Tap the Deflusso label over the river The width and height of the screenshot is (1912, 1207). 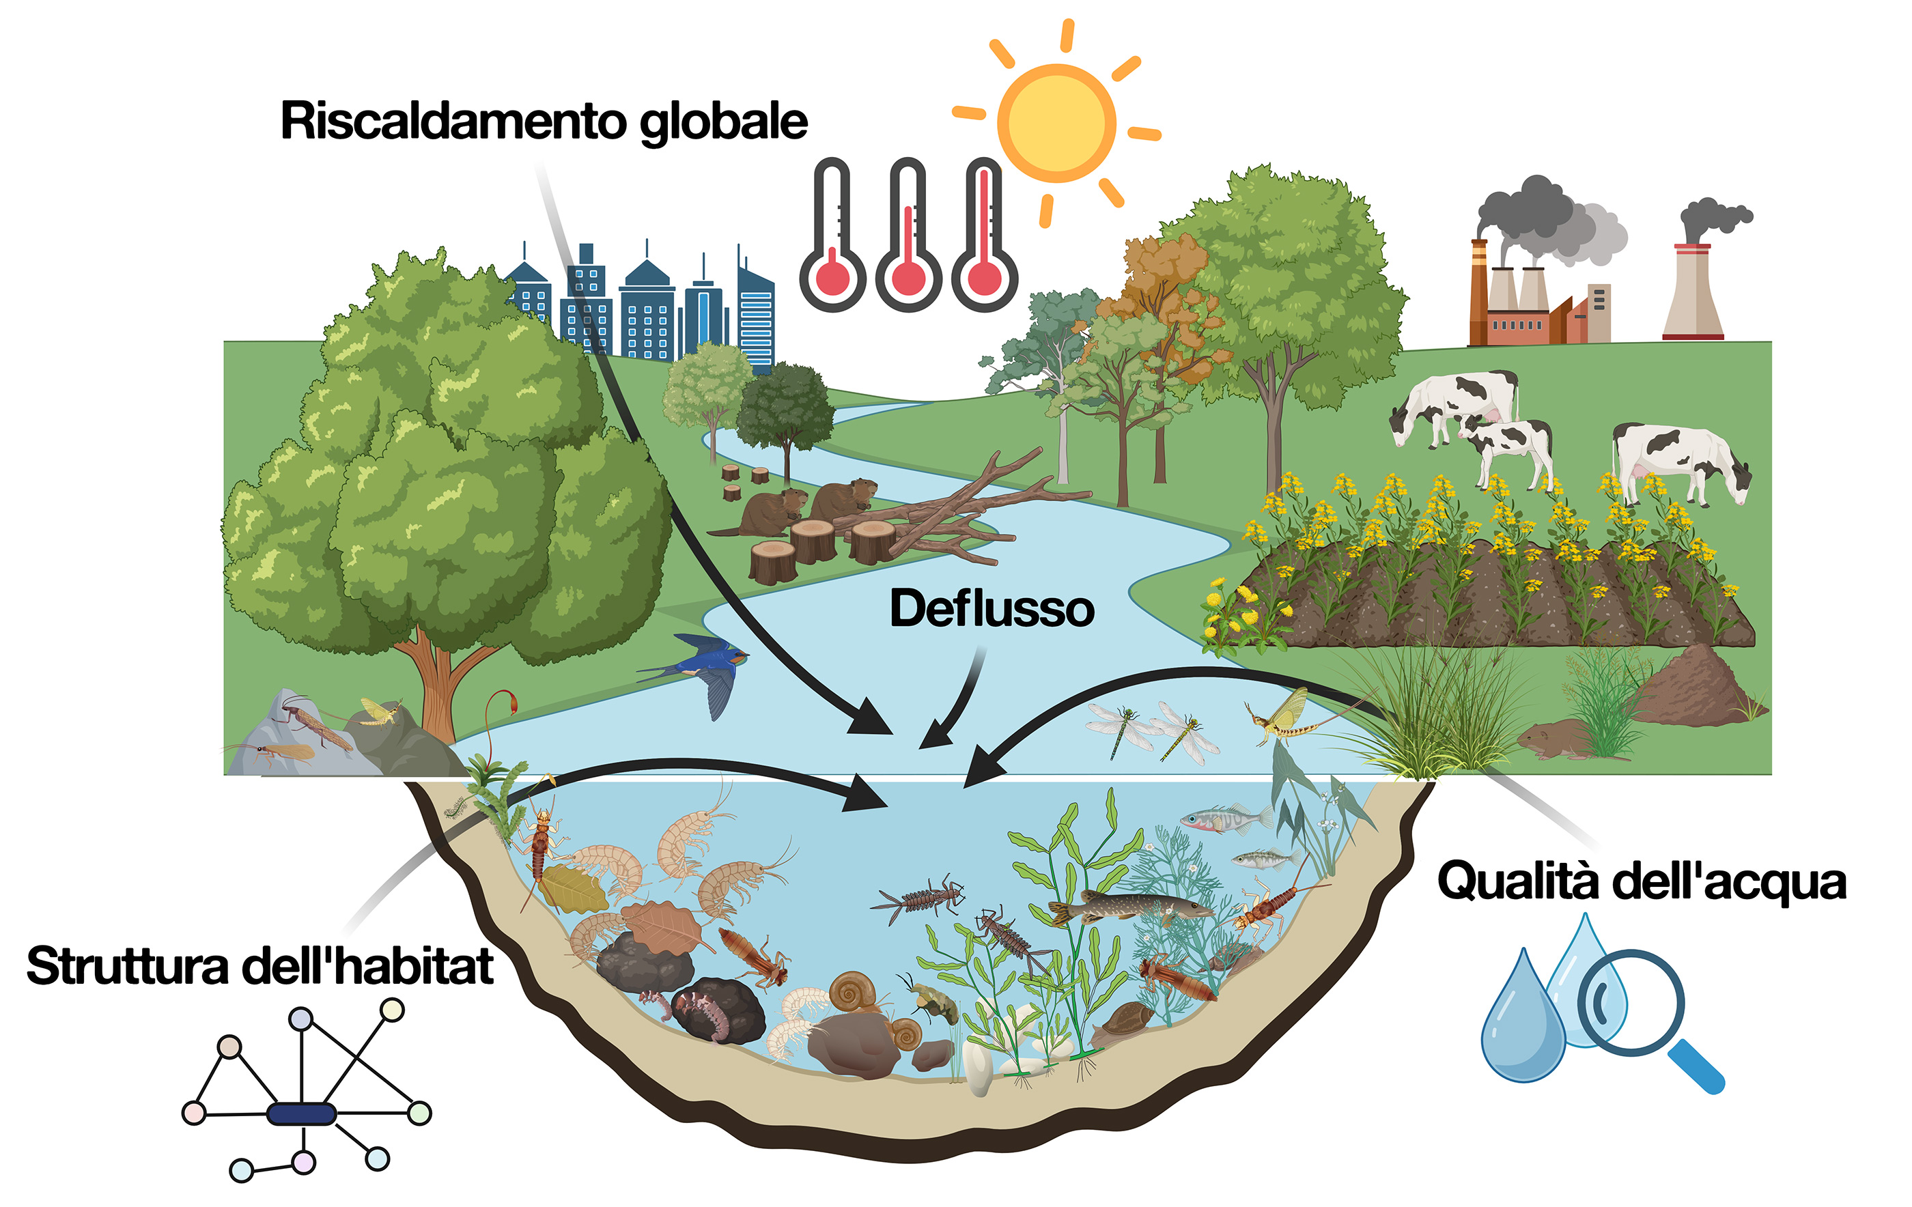point(992,608)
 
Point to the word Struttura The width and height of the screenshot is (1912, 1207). point(128,967)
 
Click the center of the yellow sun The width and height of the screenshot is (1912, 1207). point(1056,123)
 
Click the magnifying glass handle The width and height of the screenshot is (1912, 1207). point(1696,1067)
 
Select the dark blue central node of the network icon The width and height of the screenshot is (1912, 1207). point(301,1114)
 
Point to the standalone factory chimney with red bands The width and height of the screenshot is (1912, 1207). point(1693,292)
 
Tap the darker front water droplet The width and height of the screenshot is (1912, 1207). point(1523,1018)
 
